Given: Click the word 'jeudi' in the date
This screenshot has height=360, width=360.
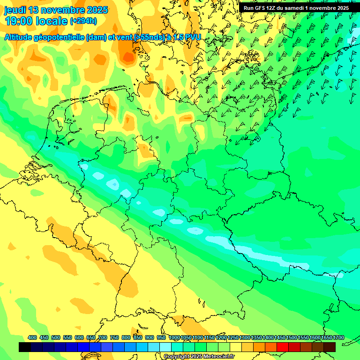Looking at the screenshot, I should pos(15,10).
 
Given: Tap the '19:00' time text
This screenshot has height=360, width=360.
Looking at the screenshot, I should pos(19,21).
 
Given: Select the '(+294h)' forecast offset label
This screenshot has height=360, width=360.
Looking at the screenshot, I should pos(83,21).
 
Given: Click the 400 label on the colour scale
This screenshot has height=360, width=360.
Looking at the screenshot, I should pos(32,337).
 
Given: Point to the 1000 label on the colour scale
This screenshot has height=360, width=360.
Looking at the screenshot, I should pos(174,337).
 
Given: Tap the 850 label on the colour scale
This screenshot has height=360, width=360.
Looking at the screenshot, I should pos(138,337).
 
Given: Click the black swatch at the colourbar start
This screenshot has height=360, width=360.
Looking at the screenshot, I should pos(25,347).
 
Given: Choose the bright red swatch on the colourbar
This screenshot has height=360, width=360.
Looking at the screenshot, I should pos(283,347).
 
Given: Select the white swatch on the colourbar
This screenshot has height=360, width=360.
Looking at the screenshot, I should pos(165,347).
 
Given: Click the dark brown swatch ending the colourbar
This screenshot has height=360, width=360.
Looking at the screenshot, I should pos(330,347).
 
